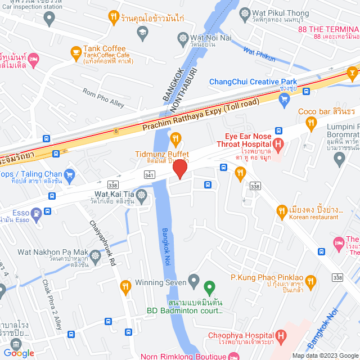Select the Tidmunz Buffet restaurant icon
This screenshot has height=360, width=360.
pyautogui.click(x=175, y=138)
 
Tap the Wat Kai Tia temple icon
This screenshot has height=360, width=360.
pyautogui.click(x=141, y=195)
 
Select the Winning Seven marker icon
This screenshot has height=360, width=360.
pyautogui.click(x=194, y=280)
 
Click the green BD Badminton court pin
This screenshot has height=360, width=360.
pyautogui.click(x=209, y=289)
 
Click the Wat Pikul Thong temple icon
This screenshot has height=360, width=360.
pyautogui.click(x=245, y=12)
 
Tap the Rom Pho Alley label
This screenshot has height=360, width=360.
pyautogui.click(x=103, y=98)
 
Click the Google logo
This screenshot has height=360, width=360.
pyautogui.click(x=19, y=353)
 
